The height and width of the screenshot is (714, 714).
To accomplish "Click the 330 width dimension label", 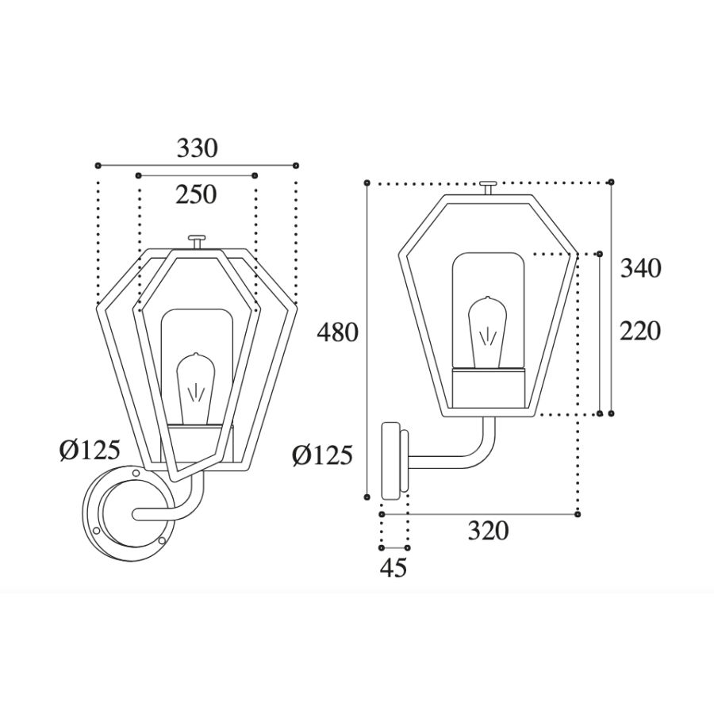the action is [198, 148].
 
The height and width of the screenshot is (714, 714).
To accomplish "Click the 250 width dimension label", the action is [196, 194].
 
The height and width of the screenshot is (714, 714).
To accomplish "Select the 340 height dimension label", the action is [641, 269].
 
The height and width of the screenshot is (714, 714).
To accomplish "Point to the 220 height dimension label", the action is [639, 331].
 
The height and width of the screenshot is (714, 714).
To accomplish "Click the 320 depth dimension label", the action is [489, 531].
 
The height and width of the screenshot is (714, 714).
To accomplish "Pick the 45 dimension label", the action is [393, 568].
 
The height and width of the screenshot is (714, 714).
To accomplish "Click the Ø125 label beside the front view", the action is [90, 450].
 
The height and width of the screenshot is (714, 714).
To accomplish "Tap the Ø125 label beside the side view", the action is [322, 455].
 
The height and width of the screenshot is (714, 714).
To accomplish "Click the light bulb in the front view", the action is [196, 389].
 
